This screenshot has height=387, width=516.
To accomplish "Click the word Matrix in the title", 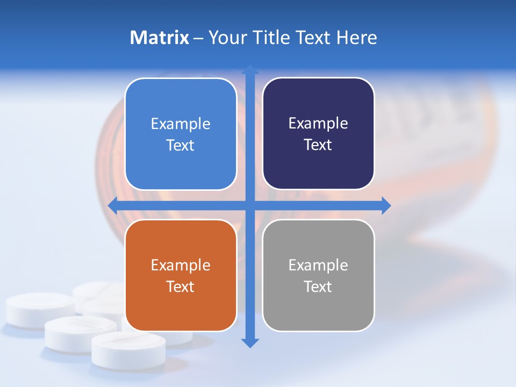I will pyautogui.click(x=159, y=38).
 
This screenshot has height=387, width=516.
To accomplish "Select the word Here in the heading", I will pyautogui.click(x=356, y=38).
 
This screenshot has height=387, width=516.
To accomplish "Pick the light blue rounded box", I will pyautogui.click(x=181, y=134).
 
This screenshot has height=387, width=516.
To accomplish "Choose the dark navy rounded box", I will pyautogui.click(x=318, y=134).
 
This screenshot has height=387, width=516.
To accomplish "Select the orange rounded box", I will pyautogui.click(x=181, y=275).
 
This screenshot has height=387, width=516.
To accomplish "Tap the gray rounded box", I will pyautogui.click(x=318, y=275).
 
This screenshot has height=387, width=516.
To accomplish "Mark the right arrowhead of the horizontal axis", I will pyautogui.click(x=386, y=205).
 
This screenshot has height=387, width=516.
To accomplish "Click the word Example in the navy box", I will pyautogui.click(x=318, y=124).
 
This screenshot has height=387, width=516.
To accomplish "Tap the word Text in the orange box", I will pyautogui.click(x=181, y=286).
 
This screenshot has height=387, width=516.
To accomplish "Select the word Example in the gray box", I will pyautogui.click(x=318, y=265).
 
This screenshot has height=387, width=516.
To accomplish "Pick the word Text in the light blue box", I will pyautogui.click(x=181, y=145).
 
